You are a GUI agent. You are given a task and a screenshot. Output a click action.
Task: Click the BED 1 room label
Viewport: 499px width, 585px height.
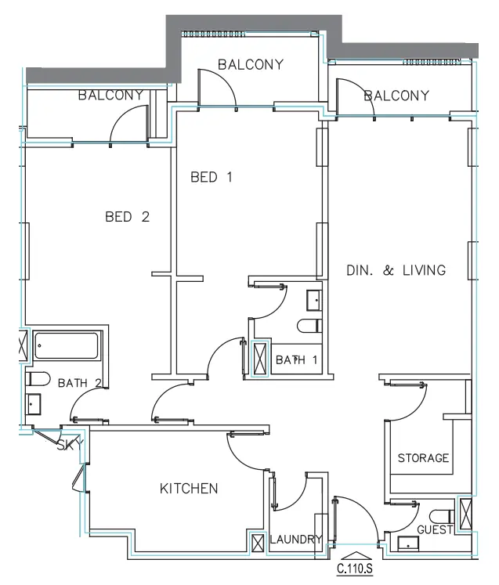click(212, 177)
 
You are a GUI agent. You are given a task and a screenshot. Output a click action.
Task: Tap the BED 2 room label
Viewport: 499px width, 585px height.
click(127, 217)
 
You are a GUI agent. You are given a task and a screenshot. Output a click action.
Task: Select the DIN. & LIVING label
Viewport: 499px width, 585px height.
click(396, 270)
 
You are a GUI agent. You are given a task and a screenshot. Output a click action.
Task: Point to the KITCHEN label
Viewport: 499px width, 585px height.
click(189, 489)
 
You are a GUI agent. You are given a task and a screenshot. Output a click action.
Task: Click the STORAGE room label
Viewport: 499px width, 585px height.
click(423, 458)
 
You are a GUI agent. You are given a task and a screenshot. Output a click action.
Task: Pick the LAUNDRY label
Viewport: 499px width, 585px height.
click(296, 539)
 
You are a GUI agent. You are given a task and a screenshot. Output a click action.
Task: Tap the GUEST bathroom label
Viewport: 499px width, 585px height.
click(435, 529)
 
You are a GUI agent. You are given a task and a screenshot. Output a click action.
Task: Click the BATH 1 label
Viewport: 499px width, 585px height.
click(296, 360)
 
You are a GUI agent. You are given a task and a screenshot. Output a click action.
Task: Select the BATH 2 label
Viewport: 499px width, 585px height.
click(79, 383)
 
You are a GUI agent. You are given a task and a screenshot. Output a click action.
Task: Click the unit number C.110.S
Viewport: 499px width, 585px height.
click(355, 569)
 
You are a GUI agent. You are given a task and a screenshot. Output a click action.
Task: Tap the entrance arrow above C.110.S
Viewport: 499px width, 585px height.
click(356, 556)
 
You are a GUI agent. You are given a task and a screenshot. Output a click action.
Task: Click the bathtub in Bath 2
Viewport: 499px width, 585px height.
click(67, 346)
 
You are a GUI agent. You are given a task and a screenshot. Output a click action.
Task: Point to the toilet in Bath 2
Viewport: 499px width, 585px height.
click(38, 379)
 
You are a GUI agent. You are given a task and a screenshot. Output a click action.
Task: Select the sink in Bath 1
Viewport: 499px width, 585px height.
click(314, 301)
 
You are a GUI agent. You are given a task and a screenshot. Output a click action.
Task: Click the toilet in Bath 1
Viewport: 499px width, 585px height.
click(309, 326)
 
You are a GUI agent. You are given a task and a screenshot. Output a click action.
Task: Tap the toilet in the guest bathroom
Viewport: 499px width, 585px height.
click(442, 517)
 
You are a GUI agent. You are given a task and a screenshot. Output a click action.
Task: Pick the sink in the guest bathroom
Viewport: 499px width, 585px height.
click(408, 543)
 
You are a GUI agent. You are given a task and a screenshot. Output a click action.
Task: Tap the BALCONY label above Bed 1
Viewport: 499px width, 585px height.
click(251, 64)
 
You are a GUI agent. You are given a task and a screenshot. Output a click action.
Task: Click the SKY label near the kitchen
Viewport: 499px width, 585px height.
click(70, 444)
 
